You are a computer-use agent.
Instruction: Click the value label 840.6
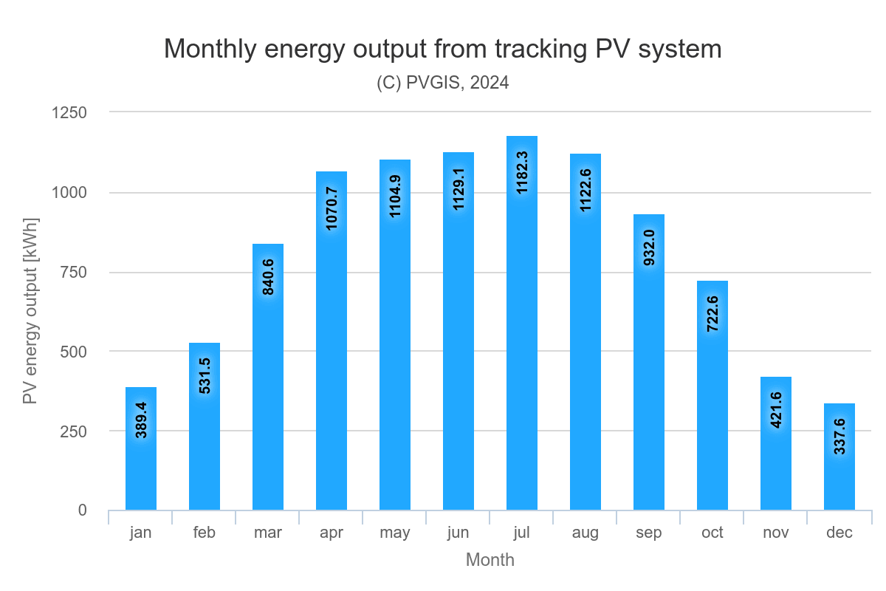click(x=268, y=276)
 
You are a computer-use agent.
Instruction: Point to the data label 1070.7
click(x=332, y=208)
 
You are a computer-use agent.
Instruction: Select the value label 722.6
click(x=712, y=313)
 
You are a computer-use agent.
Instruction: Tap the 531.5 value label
click(x=205, y=375)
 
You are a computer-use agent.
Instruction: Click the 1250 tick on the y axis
click(x=69, y=113)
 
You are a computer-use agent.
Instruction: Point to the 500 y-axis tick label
click(x=73, y=352)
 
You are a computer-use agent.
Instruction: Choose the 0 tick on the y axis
click(x=82, y=510)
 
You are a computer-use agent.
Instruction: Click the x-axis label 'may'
click(x=395, y=533)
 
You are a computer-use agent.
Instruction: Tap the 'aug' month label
click(x=585, y=533)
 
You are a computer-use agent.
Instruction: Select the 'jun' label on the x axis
click(x=459, y=533)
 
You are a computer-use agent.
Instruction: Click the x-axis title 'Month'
click(x=490, y=560)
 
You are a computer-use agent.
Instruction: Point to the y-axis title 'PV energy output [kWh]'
click(x=30, y=311)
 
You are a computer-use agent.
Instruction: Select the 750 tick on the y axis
click(x=73, y=272)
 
